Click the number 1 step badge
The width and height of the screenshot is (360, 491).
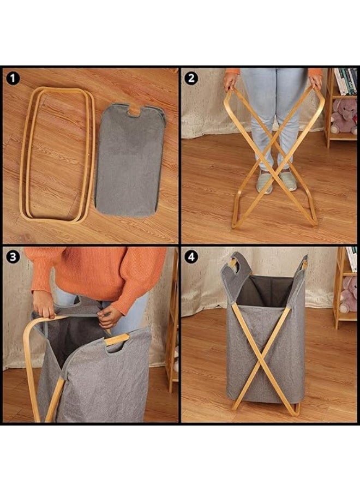[x=13, y=78]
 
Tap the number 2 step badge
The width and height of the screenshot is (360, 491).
[x=191, y=78]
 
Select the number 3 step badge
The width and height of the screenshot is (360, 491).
[x=13, y=257]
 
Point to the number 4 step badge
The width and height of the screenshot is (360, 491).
[x=191, y=257]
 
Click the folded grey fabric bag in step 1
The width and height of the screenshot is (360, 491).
[x=130, y=160]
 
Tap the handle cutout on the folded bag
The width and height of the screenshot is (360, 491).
[x=134, y=111]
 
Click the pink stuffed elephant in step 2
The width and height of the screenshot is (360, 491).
[x=345, y=116]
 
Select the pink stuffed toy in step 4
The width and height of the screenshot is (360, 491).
[x=349, y=295]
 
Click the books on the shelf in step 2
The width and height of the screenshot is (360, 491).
[x=346, y=81]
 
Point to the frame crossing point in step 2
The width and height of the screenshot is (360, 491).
[x=274, y=143]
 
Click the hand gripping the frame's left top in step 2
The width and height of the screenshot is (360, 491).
[x=231, y=81]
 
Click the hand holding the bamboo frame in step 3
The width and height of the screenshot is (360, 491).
[x=44, y=304]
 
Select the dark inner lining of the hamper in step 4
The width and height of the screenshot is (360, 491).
[x=263, y=291]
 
